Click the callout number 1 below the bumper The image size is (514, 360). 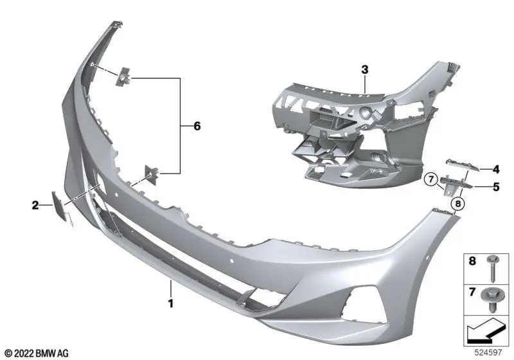click(x=170, y=301)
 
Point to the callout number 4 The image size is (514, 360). click(x=495, y=170)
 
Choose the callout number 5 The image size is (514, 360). click(x=495, y=187)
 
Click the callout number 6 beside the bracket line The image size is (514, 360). click(x=197, y=126)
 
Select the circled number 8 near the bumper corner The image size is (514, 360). click(x=457, y=205)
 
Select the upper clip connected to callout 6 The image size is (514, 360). click(x=122, y=78)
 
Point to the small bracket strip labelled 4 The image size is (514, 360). click(x=462, y=168)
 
